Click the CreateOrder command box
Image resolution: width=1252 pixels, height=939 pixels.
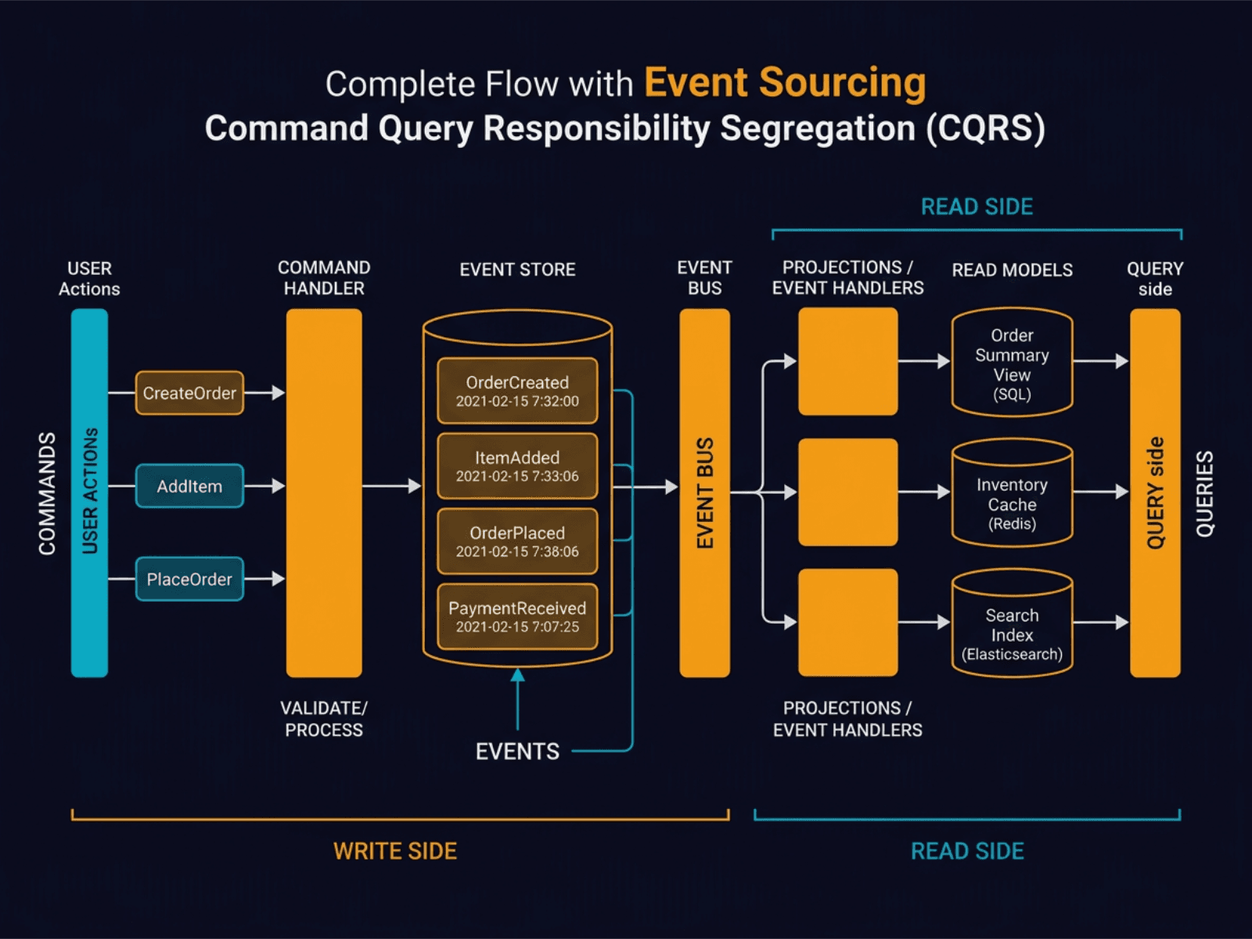189,393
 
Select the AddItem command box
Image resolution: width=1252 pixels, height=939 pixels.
189,486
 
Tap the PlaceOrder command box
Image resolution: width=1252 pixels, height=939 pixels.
189,579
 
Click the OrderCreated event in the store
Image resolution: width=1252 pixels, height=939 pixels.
517,390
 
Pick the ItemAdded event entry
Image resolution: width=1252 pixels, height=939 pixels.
517,466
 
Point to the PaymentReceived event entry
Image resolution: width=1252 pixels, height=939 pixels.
517,617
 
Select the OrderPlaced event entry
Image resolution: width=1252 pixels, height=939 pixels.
517,541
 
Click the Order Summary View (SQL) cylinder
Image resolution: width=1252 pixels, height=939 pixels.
1012,364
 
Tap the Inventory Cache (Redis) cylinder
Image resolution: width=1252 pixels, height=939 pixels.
1012,495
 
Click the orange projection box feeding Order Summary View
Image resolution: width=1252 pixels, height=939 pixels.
847,361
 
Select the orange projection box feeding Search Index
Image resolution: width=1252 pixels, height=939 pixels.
847,622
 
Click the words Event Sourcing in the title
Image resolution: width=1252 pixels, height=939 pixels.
784,83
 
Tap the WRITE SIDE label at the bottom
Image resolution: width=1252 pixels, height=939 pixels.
395,851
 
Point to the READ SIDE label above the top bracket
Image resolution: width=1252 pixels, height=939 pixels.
977,207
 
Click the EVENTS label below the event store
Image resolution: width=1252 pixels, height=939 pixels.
517,752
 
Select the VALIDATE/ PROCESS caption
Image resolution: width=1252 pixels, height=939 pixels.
324,718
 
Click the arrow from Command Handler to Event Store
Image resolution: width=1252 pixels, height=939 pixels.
391,486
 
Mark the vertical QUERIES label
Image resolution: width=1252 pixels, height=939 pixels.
1205,493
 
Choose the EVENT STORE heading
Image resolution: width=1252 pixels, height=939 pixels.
517,270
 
